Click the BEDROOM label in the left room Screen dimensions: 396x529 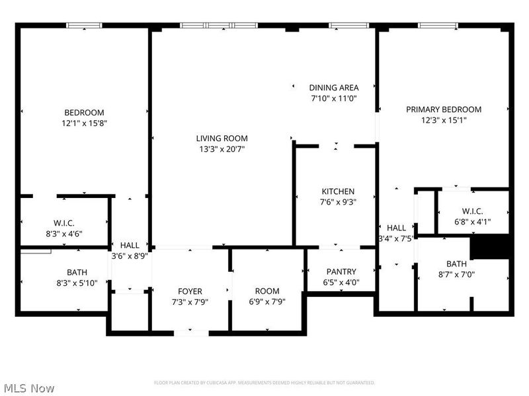pyautogui.click(x=84, y=112)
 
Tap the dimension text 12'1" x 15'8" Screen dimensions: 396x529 pyautogui.click(x=84, y=123)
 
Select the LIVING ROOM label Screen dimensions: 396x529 pyautogui.click(x=222, y=138)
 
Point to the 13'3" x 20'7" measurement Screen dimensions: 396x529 pyautogui.click(x=222, y=148)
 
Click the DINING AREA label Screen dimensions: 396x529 pyautogui.click(x=334, y=87)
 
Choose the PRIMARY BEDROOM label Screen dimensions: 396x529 pyautogui.click(x=444, y=109)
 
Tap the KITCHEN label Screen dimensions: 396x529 pyautogui.click(x=338, y=191)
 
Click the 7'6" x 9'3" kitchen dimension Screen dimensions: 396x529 pyautogui.click(x=338, y=202)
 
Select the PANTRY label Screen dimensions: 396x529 pyautogui.click(x=341, y=271)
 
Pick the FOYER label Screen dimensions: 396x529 pyautogui.click(x=190, y=291)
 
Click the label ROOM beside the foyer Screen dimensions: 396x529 pyautogui.click(x=267, y=291)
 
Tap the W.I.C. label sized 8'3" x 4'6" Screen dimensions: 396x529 pyautogui.click(x=63, y=222)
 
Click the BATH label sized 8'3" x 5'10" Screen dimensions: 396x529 pyautogui.click(x=77, y=272)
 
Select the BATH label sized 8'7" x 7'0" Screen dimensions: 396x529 pyautogui.click(x=456, y=264)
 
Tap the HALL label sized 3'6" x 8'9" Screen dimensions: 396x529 pyautogui.click(x=130, y=244)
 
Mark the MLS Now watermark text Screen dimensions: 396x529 pyautogui.click(x=29, y=389)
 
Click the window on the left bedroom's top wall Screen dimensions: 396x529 pyautogui.click(x=84, y=26)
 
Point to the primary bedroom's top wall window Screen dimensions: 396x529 pyautogui.click(x=437, y=26)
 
